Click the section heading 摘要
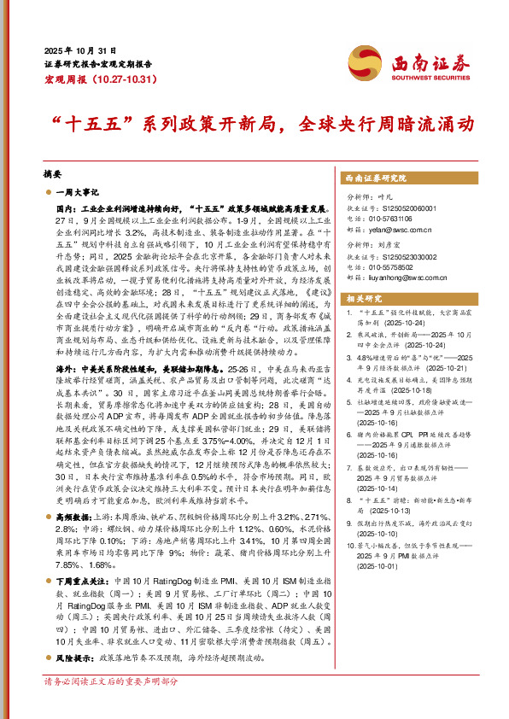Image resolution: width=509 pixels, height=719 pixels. click(x=53, y=172)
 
